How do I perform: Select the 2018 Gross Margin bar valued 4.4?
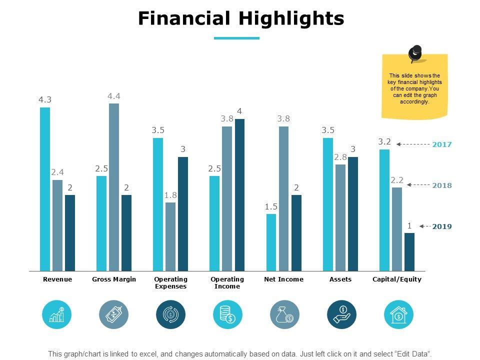point(114,187)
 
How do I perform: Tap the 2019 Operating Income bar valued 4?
point(239,195)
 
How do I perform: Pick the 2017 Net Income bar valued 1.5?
point(271,242)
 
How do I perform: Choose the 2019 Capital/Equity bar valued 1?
point(409,251)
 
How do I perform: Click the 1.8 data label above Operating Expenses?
point(170,195)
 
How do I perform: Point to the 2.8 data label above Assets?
point(340,157)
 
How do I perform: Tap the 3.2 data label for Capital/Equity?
point(384,142)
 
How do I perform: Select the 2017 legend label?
point(442,144)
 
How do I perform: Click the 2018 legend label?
point(442,185)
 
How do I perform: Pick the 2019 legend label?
point(442,226)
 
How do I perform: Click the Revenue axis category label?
point(57,279)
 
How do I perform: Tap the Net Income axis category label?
point(283,279)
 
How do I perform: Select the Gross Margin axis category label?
point(114,279)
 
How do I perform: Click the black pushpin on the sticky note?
point(415,52)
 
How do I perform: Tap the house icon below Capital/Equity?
point(398,314)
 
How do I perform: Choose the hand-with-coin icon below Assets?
point(342,314)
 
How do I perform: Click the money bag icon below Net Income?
point(285,314)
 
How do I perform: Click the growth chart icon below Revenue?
point(57,314)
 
